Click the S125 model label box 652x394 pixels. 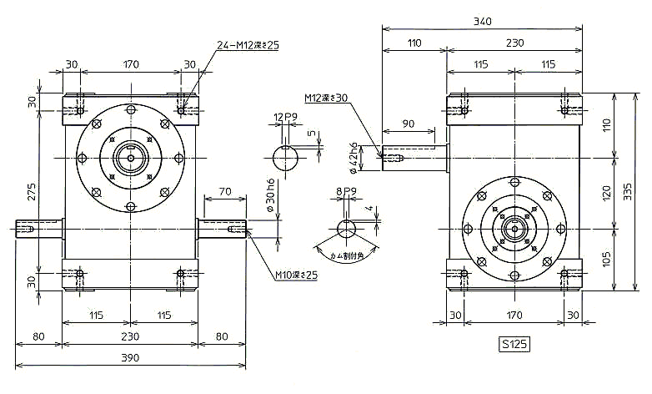click(514, 344)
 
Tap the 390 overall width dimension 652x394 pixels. click(130, 357)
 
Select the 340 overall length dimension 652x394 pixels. click(483, 21)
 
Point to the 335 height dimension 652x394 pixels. click(628, 192)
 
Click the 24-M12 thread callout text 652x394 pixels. click(248, 45)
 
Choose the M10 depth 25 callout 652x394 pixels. click(297, 275)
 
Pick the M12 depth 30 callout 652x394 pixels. click(326, 98)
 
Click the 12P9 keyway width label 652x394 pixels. click(285, 118)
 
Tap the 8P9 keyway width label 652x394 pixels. click(346, 191)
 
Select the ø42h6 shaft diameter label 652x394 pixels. click(354, 158)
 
